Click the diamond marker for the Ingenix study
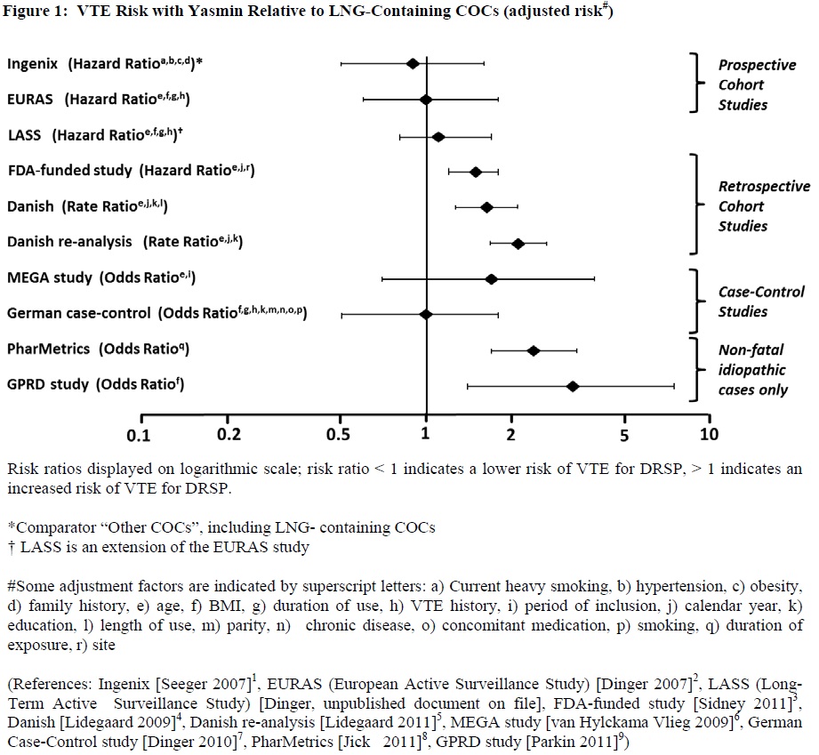(x=412, y=64)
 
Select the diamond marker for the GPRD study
(x=573, y=386)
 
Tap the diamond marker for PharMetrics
(x=534, y=350)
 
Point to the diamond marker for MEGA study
(x=491, y=279)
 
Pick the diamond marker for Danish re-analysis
(x=518, y=243)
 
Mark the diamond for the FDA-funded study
(x=475, y=172)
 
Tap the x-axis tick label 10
(x=709, y=435)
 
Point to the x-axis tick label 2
(x=511, y=435)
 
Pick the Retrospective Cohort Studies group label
(x=764, y=206)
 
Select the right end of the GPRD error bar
(x=674, y=386)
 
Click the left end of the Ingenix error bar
(x=341, y=64)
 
